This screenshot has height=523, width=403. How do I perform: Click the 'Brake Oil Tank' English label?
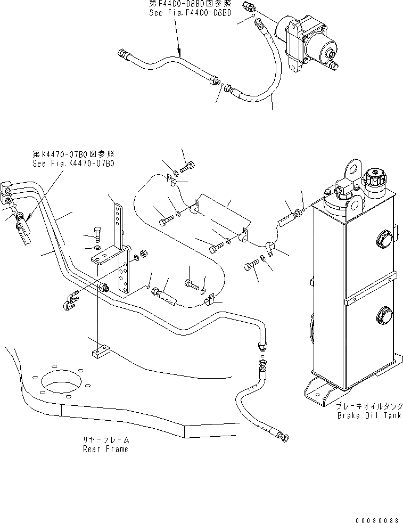[x=368, y=415]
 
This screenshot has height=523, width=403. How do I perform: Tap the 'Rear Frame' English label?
[x=105, y=449]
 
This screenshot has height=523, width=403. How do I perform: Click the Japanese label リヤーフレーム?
[x=105, y=440]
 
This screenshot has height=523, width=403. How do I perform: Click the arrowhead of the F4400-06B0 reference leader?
[x=181, y=55]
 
